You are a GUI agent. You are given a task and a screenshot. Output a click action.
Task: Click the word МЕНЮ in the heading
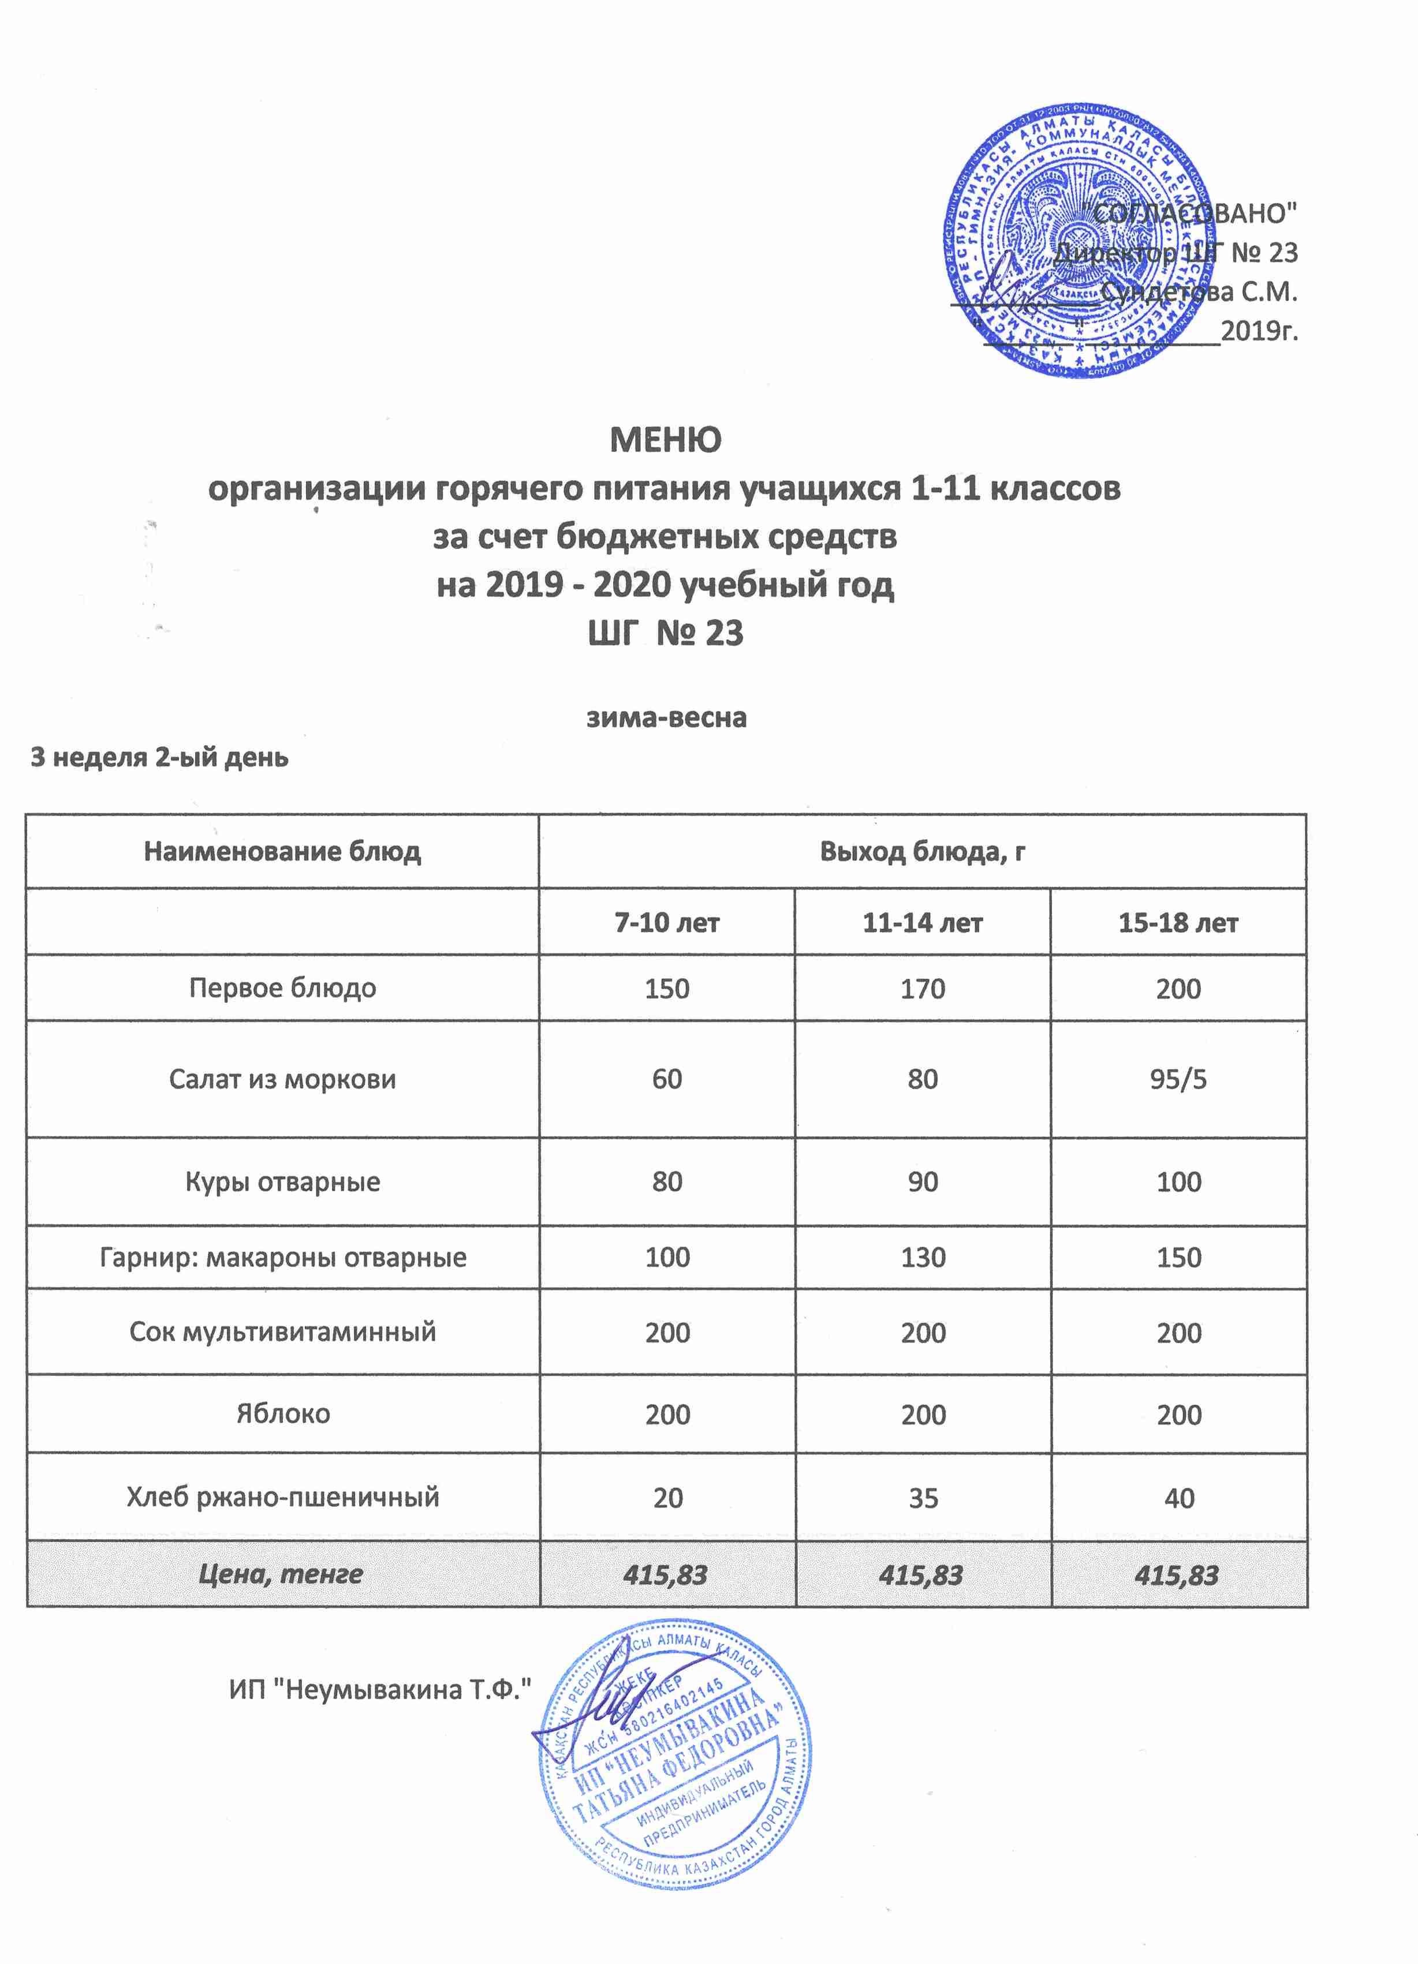665,441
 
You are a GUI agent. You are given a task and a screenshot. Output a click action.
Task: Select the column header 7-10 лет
667,923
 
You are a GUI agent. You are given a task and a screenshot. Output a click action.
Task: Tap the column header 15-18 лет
1178,923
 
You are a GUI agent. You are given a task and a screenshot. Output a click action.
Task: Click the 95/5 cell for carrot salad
1178,1079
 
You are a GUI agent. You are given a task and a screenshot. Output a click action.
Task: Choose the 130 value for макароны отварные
923,1258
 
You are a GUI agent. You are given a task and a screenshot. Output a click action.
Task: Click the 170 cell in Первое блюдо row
923,989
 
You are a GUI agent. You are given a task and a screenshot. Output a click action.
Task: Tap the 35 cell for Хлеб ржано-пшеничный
923,1498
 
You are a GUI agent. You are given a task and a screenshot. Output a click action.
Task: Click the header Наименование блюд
282,852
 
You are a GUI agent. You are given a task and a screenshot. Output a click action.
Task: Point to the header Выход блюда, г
923,852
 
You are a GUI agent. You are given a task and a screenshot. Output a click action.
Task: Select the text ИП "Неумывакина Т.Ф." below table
379,1689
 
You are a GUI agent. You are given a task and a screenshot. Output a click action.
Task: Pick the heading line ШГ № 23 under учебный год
665,634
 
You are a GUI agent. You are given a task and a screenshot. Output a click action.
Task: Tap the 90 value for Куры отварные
923,1182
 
